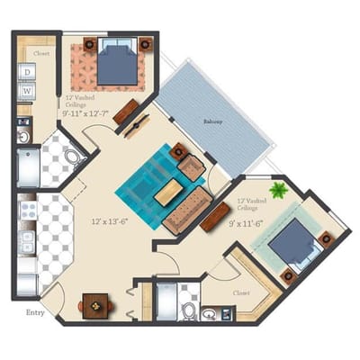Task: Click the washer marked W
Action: (x=28, y=90)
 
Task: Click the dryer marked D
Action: (x=28, y=72)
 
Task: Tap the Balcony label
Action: (x=212, y=120)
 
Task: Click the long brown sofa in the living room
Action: (x=184, y=215)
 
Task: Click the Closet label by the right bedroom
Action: (x=240, y=292)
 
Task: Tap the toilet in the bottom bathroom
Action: (x=190, y=311)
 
